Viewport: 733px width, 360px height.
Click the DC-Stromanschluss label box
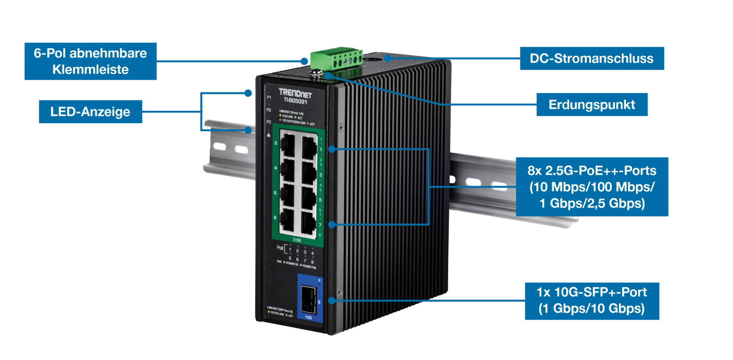[x=592, y=58]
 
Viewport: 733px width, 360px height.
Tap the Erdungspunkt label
[x=592, y=105]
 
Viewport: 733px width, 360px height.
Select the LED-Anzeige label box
[x=90, y=112]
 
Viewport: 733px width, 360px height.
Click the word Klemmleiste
[x=90, y=70]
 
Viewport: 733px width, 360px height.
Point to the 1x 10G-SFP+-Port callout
[x=592, y=301]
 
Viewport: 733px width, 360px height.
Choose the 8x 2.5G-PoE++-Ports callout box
[x=592, y=187]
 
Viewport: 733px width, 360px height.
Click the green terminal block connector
[x=337, y=58]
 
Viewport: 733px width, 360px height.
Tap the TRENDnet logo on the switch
[x=295, y=93]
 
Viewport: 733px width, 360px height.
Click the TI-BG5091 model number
[x=295, y=101]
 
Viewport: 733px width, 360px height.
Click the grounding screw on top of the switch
[x=316, y=73]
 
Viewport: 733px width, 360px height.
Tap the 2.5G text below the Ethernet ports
[x=297, y=240]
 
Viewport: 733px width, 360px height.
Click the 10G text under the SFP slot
[x=308, y=317]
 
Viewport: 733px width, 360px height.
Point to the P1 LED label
[x=269, y=97]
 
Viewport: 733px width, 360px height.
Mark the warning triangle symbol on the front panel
[x=269, y=135]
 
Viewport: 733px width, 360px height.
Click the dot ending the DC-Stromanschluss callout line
[x=387, y=58]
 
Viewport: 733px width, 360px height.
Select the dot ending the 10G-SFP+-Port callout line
[x=332, y=300]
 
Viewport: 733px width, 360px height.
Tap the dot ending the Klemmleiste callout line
[x=304, y=61]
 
